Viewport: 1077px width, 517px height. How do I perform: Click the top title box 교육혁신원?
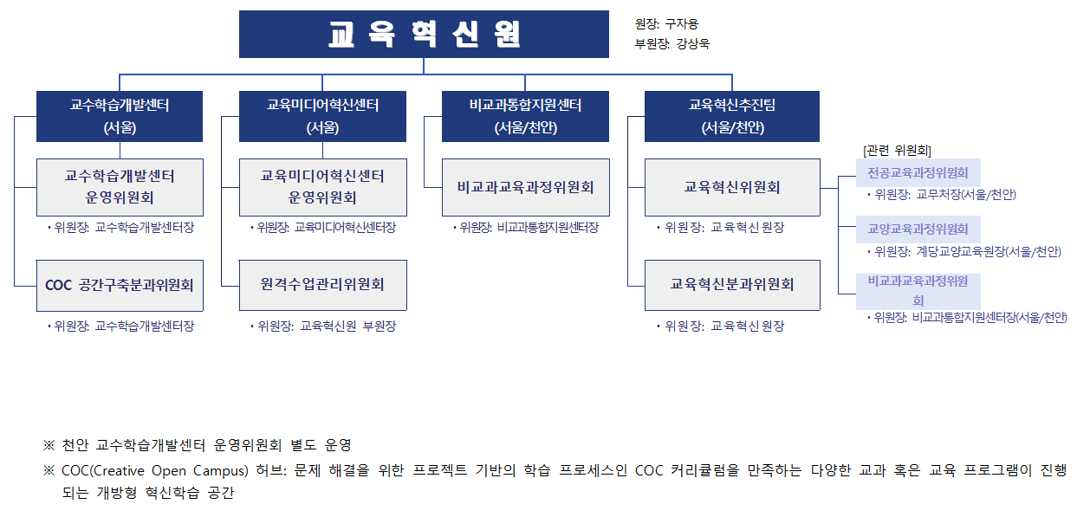(424, 34)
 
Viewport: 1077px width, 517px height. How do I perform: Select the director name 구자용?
(681, 24)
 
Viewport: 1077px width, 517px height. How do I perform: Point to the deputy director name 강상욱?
(693, 43)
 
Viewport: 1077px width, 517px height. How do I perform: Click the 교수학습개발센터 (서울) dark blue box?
(120, 116)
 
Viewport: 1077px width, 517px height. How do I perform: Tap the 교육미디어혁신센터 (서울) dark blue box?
(322, 116)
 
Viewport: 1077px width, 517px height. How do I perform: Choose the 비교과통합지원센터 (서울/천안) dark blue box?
(525, 116)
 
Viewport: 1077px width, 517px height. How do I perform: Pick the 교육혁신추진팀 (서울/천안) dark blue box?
(732, 116)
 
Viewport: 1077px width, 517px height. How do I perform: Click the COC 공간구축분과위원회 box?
(120, 286)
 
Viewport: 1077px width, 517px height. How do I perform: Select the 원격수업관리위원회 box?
(322, 285)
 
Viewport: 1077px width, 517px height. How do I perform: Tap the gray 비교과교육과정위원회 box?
(526, 187)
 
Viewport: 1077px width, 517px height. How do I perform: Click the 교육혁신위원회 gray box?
(732, 187)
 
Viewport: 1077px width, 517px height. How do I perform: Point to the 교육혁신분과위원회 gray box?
(732, 285)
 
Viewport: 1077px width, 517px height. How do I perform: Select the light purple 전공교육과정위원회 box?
(918, 172)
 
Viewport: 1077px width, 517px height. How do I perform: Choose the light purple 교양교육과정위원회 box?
(918, 229)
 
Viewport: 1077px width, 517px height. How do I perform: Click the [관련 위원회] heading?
(897, 151)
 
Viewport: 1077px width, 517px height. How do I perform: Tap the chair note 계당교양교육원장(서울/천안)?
(989, 251)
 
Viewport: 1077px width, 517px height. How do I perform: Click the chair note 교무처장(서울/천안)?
(966, 195)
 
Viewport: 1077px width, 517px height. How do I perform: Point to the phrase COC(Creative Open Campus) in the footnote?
(155, 470)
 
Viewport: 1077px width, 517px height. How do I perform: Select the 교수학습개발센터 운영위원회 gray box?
(120, 187)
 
